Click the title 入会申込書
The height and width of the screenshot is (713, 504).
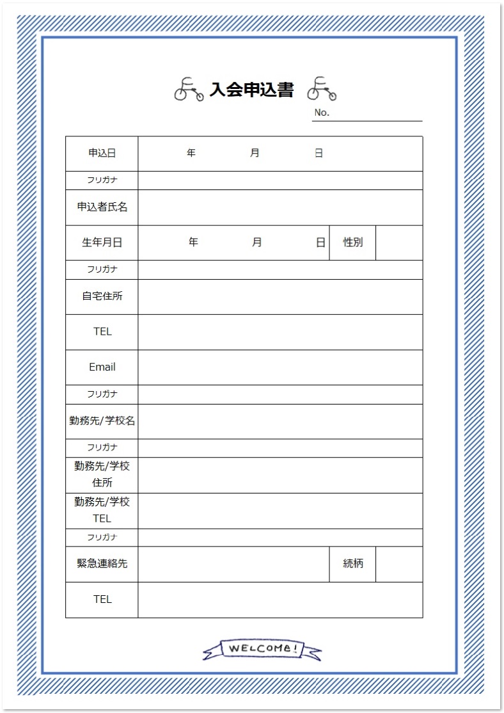(251, 90)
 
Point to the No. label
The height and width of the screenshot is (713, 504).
(322, 113)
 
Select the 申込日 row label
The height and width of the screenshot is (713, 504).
(102, 154)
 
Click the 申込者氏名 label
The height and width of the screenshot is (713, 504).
(102, 207)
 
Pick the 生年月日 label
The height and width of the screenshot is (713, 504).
(102, 243)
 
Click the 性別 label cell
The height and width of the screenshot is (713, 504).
(352, 243)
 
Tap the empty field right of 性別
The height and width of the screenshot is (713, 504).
(399, 243)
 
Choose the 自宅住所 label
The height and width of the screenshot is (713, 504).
(102, 297)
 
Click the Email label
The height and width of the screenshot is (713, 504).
(102, 367)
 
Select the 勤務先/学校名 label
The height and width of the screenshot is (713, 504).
(102, 421)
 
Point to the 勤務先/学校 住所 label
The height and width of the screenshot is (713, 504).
(102, 474)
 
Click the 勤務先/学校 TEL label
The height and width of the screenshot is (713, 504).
(102, 510)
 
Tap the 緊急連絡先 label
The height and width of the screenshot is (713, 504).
(102, 564)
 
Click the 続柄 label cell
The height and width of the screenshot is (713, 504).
(352, 564)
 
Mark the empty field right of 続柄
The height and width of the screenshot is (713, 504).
(399, 564)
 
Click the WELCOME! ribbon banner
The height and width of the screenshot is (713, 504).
(262, 649)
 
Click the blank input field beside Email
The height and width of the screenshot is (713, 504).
(280, 367)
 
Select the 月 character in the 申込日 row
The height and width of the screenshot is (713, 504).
(255, 154)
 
